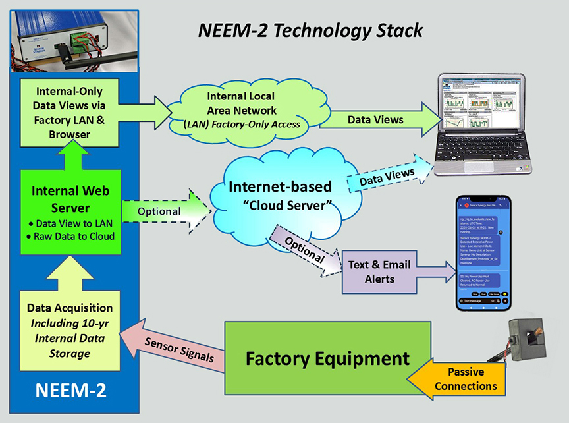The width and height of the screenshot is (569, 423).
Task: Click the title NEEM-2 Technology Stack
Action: [x=311, y=30]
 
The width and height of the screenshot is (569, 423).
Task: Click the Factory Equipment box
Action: [x=327, y=359]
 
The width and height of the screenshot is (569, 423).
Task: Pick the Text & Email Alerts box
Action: [x=379, y=271]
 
